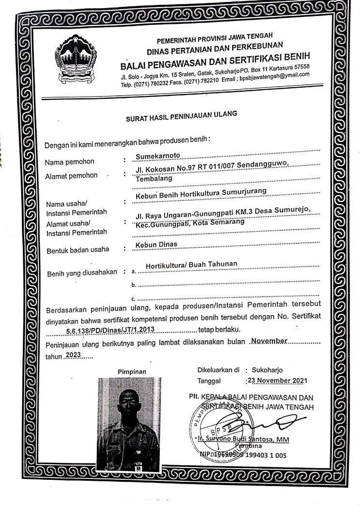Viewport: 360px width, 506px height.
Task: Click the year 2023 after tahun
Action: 73,355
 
